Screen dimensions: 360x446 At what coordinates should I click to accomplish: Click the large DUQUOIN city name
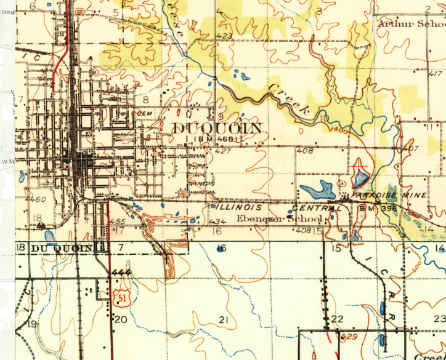point(217,128)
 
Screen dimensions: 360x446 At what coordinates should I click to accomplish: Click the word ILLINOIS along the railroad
point(235,207)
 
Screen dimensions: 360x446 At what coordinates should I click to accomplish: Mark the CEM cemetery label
point(144,113)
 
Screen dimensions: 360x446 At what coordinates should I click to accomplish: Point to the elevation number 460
point(38,199)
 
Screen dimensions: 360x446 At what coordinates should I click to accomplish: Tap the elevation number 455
point(117,221)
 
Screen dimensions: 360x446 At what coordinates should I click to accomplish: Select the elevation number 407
point(410,149)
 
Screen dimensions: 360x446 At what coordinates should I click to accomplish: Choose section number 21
point(224,320)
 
